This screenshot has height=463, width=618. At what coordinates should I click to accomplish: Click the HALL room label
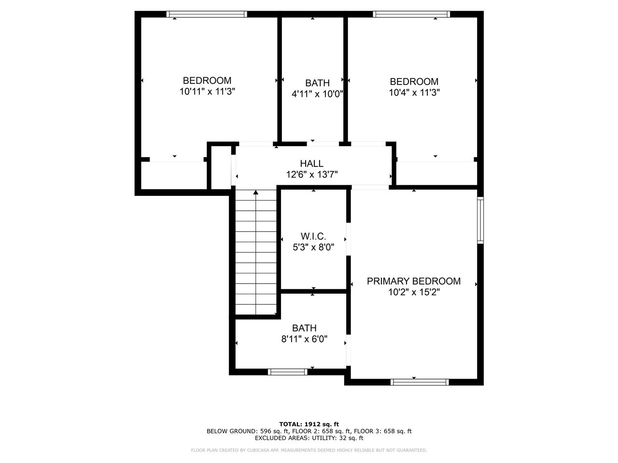(x=312, y=163)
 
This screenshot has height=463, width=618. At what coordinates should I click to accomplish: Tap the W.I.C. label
(x=313, y=236)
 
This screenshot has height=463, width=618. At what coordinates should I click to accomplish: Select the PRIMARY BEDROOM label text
(x=414, y=281)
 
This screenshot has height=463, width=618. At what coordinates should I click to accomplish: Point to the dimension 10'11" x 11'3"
(x=207, y=91)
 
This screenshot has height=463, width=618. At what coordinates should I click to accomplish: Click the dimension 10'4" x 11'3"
(x=414, y=93)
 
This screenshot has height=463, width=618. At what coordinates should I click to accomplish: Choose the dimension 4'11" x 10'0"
(x=317, y=94)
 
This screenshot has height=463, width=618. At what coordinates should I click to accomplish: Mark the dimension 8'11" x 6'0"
(x=304, y=339)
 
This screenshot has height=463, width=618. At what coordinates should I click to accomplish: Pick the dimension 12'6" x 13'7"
(x=312, y=175)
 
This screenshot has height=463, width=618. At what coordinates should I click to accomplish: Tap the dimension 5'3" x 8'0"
(x=313, y=247)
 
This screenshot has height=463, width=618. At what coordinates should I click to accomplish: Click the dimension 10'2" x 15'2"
(x=414, y=292)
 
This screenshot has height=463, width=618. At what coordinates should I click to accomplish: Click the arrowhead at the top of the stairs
(x=255, y=192)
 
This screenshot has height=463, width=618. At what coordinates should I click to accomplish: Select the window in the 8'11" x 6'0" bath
(x=287, y=372)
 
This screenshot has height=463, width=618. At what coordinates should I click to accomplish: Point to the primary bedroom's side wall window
(x=480, y=220)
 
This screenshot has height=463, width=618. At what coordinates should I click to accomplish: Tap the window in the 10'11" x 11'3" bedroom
(x=207, y=14)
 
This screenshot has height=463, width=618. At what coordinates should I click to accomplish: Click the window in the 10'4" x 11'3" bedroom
(x=411, y=14)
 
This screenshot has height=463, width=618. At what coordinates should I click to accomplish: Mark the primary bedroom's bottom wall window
(x=420, y=382)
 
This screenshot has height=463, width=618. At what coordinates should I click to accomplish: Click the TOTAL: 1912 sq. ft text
(x=309, y=424)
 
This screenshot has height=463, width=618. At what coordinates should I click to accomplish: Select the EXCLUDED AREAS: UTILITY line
(x=309, y=438)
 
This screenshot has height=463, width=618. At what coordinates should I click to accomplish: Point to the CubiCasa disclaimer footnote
(x=309, y=450)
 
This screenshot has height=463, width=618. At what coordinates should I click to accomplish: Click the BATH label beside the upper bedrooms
(x=317, y=83)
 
